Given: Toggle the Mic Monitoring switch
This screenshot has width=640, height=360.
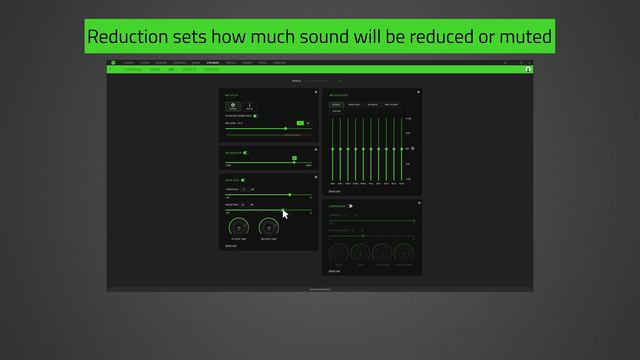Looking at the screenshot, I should (x=245, y=151).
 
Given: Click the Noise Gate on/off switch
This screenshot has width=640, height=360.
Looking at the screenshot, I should (x=244, y=180).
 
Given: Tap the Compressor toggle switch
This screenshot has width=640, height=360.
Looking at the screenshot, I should (x=350, y=206).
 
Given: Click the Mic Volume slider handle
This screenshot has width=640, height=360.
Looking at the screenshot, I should (x=286, y=128).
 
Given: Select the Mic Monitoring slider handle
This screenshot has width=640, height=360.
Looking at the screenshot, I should (x=294, y=158).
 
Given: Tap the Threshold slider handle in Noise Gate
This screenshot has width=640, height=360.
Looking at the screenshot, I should (x=290, y=195).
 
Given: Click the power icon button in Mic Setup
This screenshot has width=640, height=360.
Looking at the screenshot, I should (x=232, y=106).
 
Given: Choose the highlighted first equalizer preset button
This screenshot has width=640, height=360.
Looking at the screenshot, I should (x=336, y=103).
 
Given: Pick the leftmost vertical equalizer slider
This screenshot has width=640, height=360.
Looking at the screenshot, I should (x=333, y=148).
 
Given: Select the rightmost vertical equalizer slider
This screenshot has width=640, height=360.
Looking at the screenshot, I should (x=402, y=148).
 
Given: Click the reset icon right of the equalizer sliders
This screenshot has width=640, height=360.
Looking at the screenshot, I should (x=412, y=149).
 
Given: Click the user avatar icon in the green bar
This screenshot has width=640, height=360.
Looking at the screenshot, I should (x=527, y=70).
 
